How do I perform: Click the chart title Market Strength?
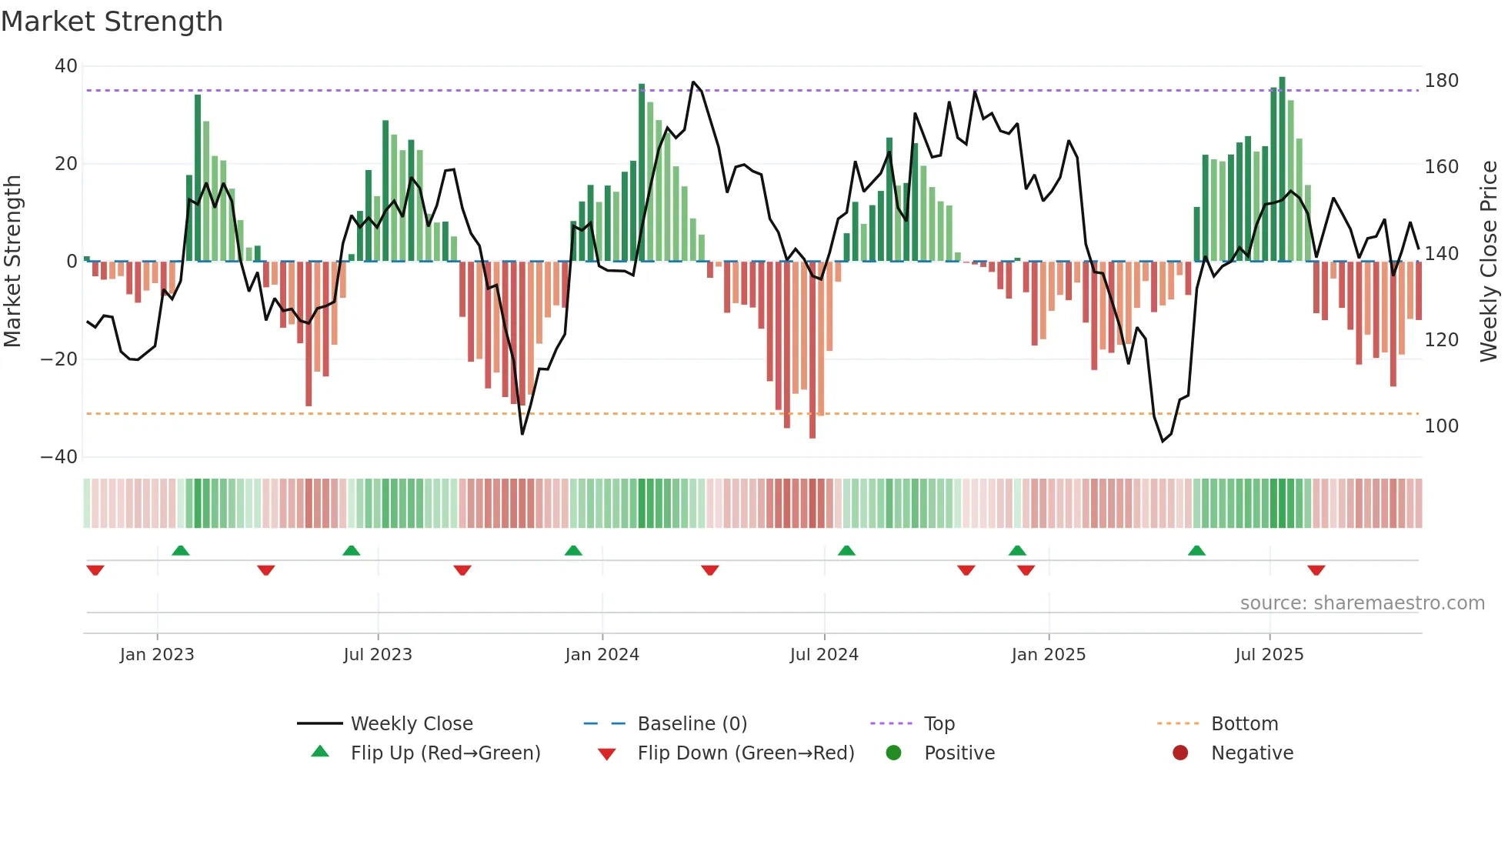112,22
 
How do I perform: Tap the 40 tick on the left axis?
66,66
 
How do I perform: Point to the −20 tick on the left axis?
59,359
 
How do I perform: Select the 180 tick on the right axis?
1441,81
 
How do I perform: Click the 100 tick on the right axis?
1441,426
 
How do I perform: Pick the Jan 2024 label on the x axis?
602,655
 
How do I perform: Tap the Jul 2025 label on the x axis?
1269,655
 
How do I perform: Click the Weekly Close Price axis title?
1489,262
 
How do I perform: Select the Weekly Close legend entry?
412,724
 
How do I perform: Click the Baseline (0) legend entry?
692,724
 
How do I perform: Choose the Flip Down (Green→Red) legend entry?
746,753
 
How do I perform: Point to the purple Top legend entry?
939,724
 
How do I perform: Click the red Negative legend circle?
1180,753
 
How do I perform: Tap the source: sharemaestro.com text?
1362,603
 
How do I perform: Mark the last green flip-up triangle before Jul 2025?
1196,551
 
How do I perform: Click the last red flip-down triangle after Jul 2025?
1316,570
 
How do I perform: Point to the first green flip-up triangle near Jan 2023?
180,551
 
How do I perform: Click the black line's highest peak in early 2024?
693,82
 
